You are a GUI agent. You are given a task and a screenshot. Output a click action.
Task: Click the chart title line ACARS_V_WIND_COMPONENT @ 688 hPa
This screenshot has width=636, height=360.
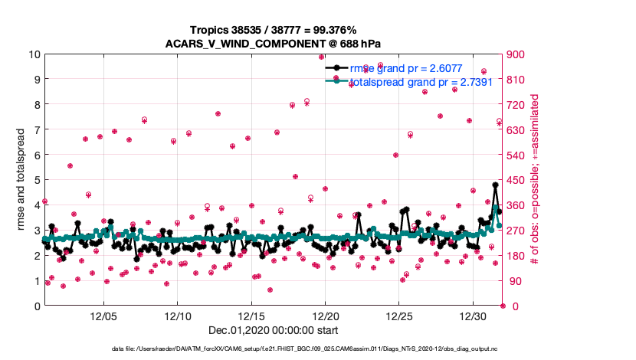[273, 44]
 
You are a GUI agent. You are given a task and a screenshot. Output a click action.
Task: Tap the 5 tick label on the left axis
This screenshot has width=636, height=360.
[34, 180]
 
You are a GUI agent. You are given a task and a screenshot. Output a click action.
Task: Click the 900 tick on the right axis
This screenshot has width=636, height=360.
[516, 54]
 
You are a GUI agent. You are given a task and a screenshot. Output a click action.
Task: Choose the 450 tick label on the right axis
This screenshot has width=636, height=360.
[516, 180]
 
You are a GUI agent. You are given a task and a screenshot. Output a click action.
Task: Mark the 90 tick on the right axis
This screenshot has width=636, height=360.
[513, 281]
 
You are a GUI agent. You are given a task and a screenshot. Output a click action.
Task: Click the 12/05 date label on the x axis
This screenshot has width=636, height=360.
[103, 316]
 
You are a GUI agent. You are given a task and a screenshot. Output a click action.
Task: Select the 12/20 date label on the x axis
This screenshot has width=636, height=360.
[326, 316]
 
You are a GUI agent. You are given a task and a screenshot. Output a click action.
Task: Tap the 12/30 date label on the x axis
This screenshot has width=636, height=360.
[474, 316]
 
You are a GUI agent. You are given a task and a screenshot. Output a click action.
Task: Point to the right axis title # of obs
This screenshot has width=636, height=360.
[535, 180]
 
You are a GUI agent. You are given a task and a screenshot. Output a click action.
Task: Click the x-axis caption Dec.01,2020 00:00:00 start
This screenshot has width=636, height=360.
[272, 330]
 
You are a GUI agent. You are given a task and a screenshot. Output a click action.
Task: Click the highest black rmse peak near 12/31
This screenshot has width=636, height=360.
[496, 185]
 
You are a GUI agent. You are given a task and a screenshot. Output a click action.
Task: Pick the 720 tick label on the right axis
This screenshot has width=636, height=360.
[516, 105]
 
